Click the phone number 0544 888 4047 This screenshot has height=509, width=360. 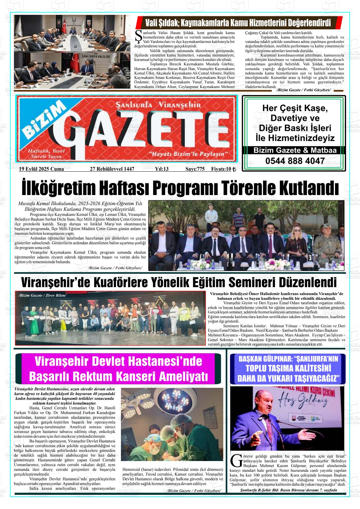click(x=295, y=161)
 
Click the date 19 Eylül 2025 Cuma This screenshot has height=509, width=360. click(x=41, y=169)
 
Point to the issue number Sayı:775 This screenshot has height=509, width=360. click(x=195, y=169)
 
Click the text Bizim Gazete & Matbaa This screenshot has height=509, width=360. click(x=295, y=150)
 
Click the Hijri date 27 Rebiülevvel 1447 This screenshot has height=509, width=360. click(x=112, y=169)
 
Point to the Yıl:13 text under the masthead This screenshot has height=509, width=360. click(x=162, y=169)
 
